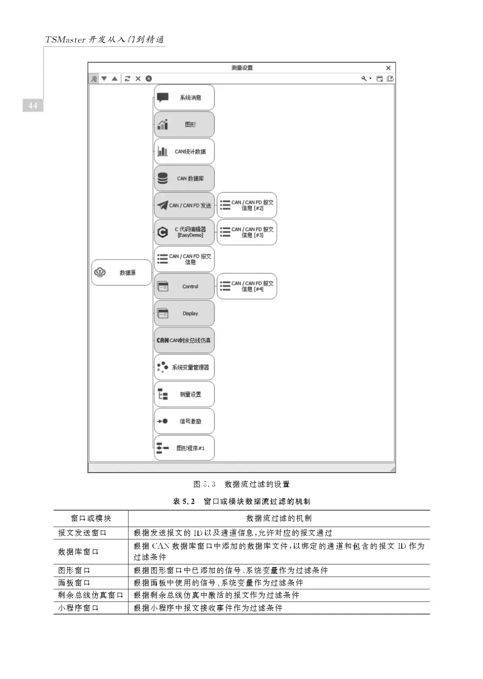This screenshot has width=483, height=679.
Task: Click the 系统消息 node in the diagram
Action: click(x=184, y=98)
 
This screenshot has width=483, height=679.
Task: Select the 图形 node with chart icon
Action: click(x=184, y=124)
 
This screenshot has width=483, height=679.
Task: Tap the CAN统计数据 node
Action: click(x=184, y=152)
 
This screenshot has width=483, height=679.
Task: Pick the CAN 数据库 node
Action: click(x=184, y=178)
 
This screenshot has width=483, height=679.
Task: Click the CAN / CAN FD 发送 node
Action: click(x=184, y=205)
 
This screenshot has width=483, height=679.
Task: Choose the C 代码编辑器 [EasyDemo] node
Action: click(x=184, y=232)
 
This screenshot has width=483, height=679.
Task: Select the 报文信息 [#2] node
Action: click(x=247, y=205)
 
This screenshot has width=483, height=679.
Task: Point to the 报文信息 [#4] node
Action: click(x=247, y=286)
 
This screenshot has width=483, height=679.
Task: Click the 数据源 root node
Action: click(x=122, y=272)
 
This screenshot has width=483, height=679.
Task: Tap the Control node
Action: click(x=184, y=286)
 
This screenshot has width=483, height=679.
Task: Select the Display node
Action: click(x=184, y=313)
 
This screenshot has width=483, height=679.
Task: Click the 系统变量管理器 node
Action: click(x=184, y=367)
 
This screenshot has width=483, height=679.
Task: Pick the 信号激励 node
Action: click(x=184, y=421)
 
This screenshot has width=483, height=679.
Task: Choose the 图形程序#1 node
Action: click(x=184, y=448)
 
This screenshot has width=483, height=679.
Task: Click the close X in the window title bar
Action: click(x=388, y=68)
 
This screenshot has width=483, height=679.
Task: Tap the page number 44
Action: click(x=33, y=106)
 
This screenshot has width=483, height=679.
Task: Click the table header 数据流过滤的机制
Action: click(x=279, y=518)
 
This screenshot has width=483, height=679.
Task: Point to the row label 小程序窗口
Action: click(x=78, y=608)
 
